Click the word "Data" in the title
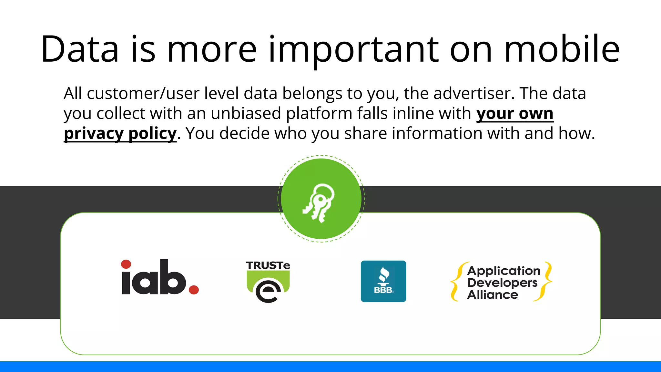[80, 49]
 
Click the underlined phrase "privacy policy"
[120, 133]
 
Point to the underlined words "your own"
[515, 113]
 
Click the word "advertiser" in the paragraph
[472, 93]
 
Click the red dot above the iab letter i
[126, 264]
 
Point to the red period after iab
[194, 290]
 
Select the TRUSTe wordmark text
[268, 265]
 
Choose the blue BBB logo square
[383, 281]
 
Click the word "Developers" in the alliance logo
[502, 283]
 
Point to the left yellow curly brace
[456, 281]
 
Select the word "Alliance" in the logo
[493, 295]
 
